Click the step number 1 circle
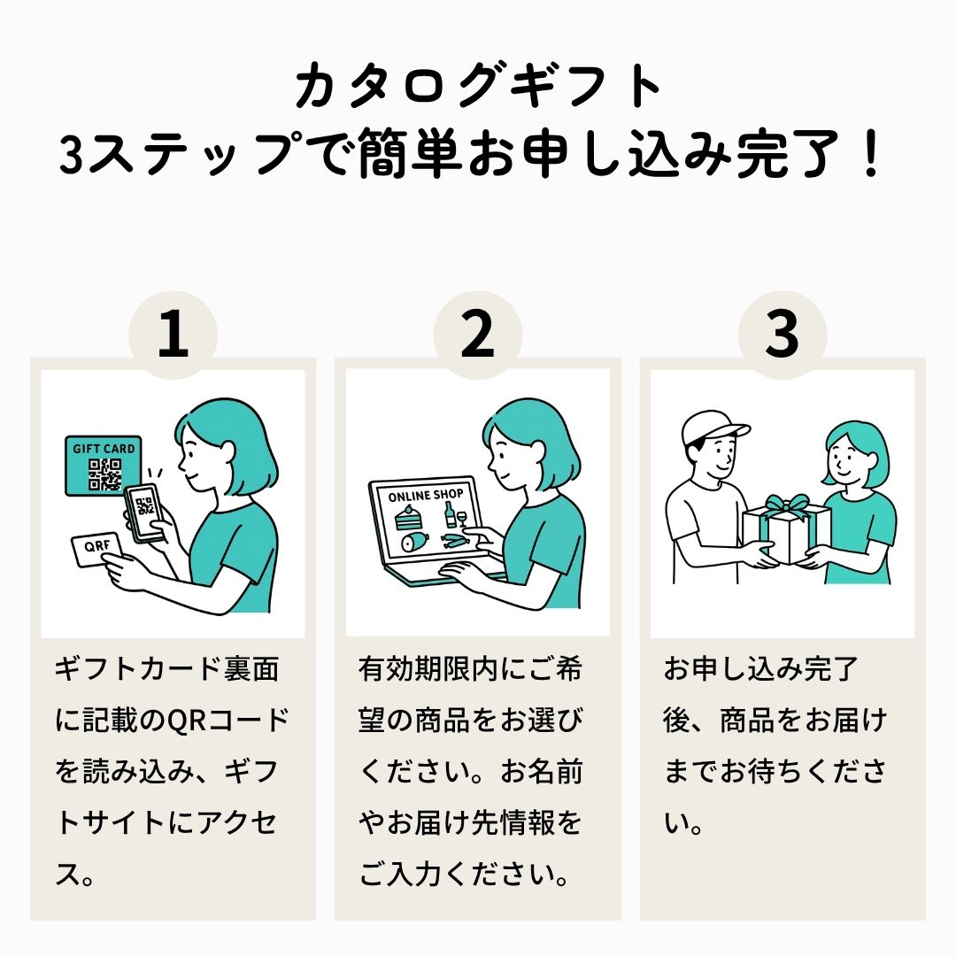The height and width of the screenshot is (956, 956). [x=173, y=335]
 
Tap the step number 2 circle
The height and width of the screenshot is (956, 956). [x=477, y=335]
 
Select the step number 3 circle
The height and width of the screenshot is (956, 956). [x=783, y=335]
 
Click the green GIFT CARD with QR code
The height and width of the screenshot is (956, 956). [x=103, y=466]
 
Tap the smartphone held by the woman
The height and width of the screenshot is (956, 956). [x=145, y=513]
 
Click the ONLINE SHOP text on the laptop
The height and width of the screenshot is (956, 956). [x=426, y=495]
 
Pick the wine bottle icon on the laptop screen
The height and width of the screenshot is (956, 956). [x=450, y=514]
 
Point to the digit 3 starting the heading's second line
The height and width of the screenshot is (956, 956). [x=72, y=155]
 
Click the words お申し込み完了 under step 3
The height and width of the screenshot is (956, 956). [x=761, y=669]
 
